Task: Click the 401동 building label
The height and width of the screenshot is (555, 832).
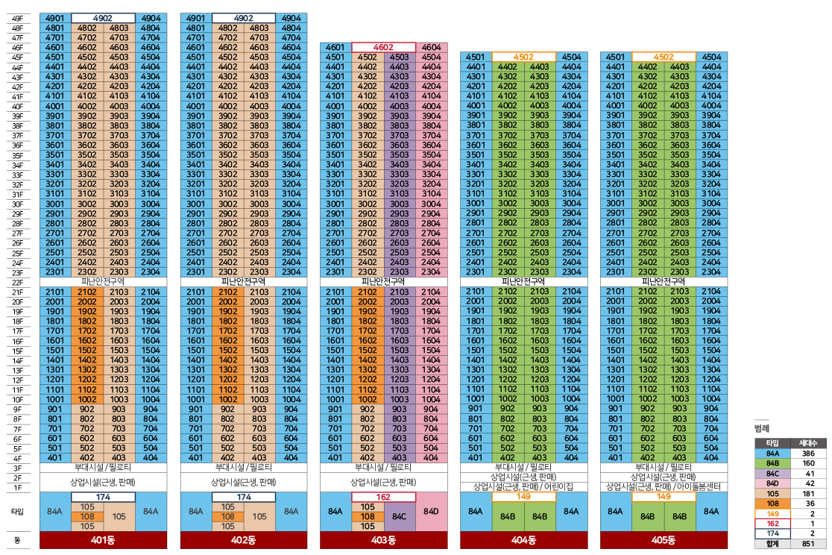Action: pos(103,539)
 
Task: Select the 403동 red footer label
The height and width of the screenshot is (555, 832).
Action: pos(383,539)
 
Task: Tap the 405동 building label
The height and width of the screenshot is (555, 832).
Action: pos(664,539)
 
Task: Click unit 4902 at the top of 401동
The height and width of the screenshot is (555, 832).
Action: pos(103,18)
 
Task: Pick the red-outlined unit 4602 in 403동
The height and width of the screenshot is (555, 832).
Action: pos(383,47)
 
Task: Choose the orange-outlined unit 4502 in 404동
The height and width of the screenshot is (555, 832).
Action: pos(523,57)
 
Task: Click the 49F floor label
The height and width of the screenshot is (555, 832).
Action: pos(17,19)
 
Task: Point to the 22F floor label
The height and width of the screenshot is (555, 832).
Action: pos(17,283)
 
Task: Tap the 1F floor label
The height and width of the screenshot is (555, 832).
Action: pos(17,488)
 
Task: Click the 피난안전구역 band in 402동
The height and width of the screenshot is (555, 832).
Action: pos(244,281)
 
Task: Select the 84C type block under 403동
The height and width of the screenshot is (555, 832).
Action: pos(400,516)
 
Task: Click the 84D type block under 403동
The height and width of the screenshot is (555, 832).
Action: pos(432,512)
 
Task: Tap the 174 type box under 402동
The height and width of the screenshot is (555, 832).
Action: pos(244,497)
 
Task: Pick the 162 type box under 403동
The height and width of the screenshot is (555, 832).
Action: pos(383,497)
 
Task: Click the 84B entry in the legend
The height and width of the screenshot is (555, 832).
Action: pos(772,464)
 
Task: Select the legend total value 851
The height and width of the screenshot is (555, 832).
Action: pos(808,544)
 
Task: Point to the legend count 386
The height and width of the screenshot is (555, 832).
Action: pos(808,454)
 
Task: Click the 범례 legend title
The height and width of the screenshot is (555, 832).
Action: pos(761,428)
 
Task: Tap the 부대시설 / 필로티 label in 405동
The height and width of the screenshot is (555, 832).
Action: pos(664,468)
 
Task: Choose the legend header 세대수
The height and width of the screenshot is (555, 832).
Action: pos(808,443)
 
